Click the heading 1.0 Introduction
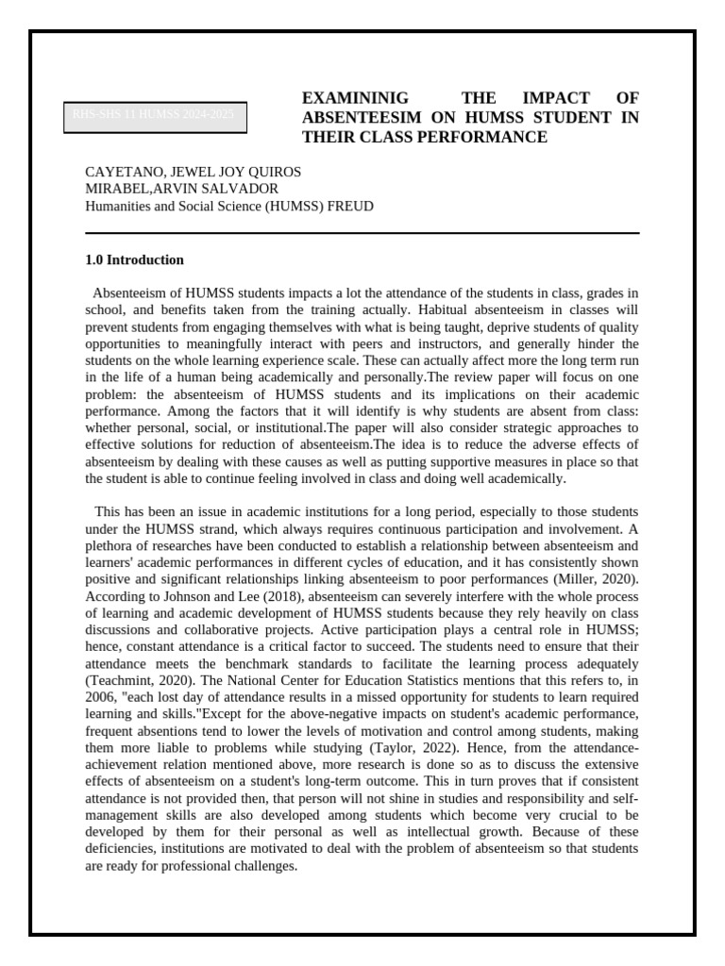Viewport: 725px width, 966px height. (x=134, y=260)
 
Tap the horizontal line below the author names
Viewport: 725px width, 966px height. (x=362, y=233)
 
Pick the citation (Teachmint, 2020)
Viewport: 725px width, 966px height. (x=132, y=680)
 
